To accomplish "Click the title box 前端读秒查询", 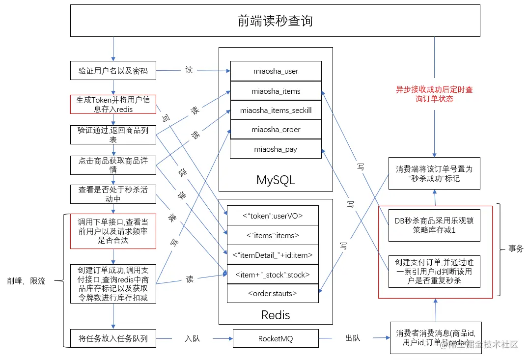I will click(275, 21).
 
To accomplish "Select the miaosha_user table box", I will click(276, 71).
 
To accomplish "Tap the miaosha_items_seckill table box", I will click(276, 110).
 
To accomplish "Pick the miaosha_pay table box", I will click(276, 149).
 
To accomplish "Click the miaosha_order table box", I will click(276, 130).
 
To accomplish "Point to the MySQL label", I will click(276, 180).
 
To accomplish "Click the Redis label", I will click(276, 315).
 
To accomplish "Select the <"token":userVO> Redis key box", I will click(273, 216).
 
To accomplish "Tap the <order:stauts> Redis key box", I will click(273, 294).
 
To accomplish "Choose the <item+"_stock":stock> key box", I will click(273, 275).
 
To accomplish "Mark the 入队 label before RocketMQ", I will click(193, 338).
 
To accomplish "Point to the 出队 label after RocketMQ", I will click(353, 338).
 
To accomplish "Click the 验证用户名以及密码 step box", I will click(113, 71).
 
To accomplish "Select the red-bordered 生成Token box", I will click(113, 104).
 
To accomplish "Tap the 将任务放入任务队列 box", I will click(113, 338).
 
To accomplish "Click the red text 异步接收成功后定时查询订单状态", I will click(435, 94).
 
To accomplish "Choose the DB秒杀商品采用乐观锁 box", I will click(434, 225).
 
